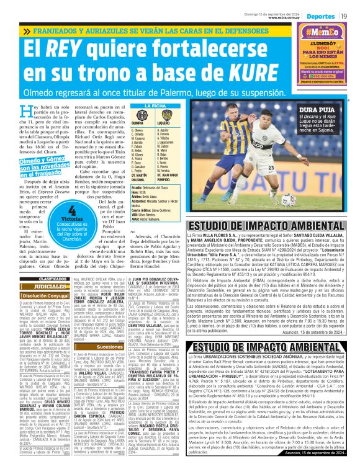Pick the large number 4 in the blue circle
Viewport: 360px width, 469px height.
coord(73,211)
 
